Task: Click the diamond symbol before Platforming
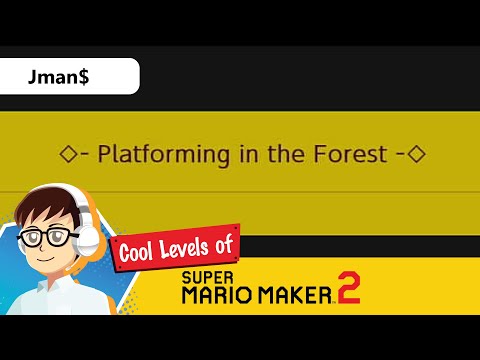68,155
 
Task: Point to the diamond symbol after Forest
418,155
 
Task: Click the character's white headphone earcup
88,236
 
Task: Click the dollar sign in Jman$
83,77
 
